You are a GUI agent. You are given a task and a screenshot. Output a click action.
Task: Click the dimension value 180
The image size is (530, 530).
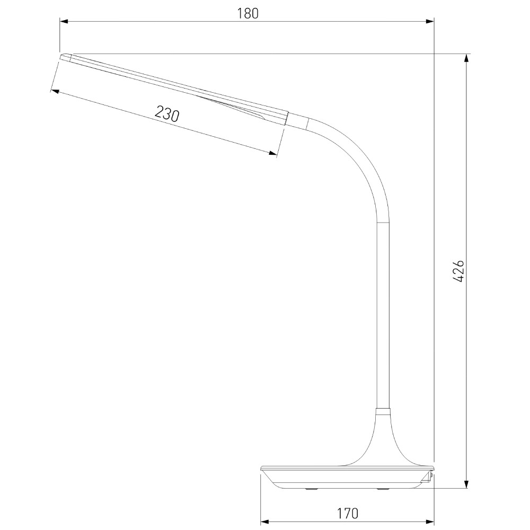click(x=248, y=14)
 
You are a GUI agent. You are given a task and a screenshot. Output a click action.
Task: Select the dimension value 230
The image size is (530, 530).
click(x=166, y=113)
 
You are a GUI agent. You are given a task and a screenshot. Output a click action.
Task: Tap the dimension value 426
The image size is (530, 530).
click(x=458, y=271)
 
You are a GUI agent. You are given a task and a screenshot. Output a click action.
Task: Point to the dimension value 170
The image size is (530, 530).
click(x=348, y=514)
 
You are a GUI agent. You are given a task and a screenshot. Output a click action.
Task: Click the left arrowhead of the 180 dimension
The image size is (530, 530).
click(x=64, y=22)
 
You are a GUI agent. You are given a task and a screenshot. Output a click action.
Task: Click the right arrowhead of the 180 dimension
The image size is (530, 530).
click(x=430, y=22)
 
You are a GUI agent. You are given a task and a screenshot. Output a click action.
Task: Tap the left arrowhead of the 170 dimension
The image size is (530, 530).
click(x=265, y=521)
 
